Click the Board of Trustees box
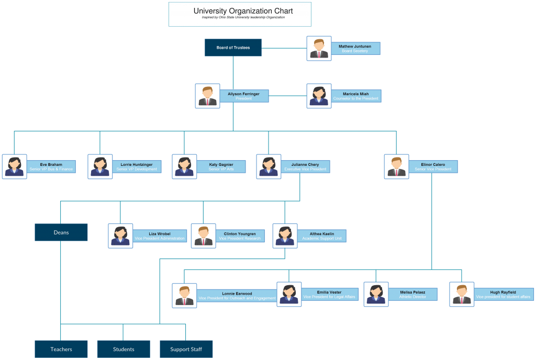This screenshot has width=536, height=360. [x=233, y=48]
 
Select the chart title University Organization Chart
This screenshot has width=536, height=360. [x=243, y=11]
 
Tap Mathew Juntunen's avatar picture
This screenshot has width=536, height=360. [x=319, y=48]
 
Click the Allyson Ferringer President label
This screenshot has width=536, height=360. [x=243, y=96]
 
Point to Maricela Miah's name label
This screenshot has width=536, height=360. [x=355, y=96]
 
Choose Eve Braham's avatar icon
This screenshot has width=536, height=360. [x=14, y=166]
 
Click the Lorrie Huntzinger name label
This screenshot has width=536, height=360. [x=136, y=166]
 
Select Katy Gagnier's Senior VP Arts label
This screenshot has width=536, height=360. [x=221, y=166]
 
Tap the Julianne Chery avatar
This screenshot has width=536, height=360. [x=269, y=166]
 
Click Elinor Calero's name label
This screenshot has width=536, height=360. [x=432, y=166]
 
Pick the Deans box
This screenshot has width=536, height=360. [x=61, y=232]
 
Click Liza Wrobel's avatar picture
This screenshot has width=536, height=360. [x=120, y=235]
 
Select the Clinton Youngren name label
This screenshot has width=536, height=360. [x=240, y=236]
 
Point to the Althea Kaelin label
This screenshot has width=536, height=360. [x=321, y=236]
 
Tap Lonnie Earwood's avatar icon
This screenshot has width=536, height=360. [x=184, y=296]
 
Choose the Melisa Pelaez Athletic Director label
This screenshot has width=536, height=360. [x=412, y=294]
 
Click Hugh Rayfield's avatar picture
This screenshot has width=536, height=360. [x=462, y=294]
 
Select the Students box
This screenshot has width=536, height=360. [x=124, y=349]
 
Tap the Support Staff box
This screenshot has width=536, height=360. [x=186, y=349]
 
